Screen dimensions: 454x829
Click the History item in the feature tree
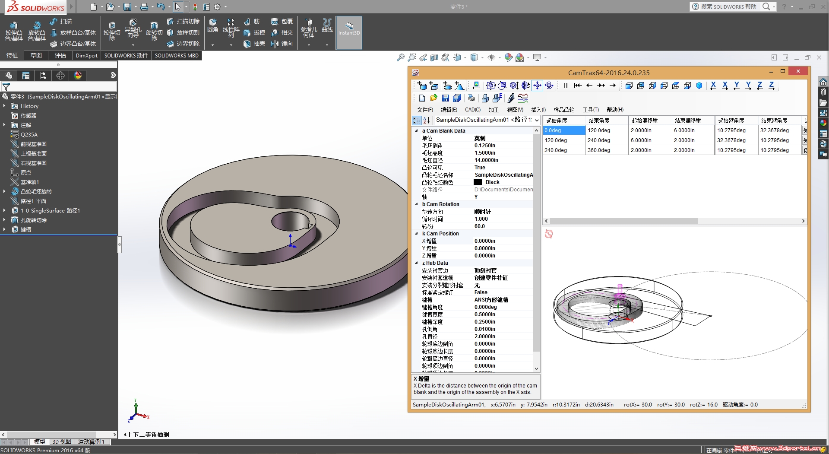click(29, 106)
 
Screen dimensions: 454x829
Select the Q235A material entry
click(29, 135)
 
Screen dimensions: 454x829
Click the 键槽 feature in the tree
click(26, 230)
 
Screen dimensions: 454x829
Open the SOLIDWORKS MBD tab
click(177, 56)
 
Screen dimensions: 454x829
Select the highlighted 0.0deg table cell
click(564, 130)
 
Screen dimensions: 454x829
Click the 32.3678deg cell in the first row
click(775, 130)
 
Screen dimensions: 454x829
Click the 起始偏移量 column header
click(645, 121)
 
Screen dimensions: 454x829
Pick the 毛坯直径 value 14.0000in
click(486, 160)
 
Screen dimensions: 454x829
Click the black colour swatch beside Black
click(478, 182)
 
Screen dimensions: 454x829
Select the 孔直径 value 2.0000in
click(484, 337)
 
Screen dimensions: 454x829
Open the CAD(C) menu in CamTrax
click(472, 110)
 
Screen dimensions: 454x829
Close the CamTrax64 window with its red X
click(798, 71)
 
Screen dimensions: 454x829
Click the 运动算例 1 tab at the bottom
click(91, 442)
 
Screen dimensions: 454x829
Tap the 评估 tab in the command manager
click(60, 56)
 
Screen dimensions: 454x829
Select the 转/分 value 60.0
click(479, 226)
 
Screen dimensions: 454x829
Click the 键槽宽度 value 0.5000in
click(484, 314)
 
